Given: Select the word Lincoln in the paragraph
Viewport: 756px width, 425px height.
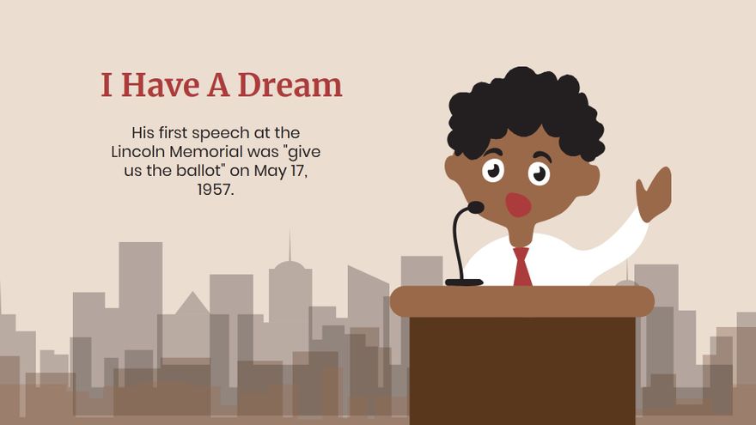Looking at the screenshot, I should click(138, 152).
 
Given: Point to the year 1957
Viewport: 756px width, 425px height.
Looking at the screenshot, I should click(216, 190).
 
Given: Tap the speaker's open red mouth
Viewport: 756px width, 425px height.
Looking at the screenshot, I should click(518, 204).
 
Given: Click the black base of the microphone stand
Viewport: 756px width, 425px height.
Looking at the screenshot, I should click(464, 282).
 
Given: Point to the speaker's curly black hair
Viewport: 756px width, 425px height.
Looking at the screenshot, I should click(524, 107).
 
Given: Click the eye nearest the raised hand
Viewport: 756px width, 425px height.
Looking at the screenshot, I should click(539, 173).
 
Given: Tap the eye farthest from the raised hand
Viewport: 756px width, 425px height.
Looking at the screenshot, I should click(492, 170).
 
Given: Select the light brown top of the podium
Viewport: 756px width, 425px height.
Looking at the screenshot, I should click(521, 301).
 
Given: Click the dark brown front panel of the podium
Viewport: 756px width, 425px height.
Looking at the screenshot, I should click(521, 369).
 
